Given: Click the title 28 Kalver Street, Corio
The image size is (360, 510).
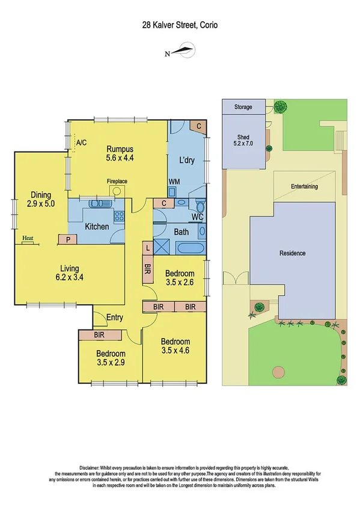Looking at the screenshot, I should click(180, 25).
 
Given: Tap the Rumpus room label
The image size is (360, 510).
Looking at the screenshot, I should click(120, 149).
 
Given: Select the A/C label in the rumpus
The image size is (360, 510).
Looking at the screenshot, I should click(82, 143).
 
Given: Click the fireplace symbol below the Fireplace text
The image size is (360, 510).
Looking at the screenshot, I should click(116, 191).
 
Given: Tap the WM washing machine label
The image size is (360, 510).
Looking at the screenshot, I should click(174, 182).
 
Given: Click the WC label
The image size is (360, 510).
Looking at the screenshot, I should click(197, 217).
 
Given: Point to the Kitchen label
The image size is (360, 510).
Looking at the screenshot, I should click(97, 227).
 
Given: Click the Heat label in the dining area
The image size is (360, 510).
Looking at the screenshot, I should click(27, 239).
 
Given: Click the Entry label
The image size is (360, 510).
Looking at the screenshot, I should click(114, 317).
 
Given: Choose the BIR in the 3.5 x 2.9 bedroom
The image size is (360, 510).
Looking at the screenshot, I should click(100, 335).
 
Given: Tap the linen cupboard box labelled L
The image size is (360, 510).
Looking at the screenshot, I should click(148, 247).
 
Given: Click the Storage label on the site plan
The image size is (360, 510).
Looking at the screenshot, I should click(243, 108).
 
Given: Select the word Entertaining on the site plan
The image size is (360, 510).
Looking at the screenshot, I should click(304, 186).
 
